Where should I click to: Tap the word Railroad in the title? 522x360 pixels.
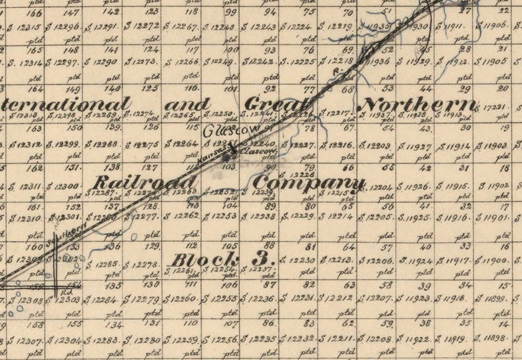pos(145,183)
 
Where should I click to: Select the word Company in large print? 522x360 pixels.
pos(308,183)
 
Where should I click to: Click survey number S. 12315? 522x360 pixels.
pos(24,27)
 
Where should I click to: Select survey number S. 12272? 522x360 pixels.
pos(142,26)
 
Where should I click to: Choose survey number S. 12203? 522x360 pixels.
pos(381,145)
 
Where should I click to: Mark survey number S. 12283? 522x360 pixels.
pos(104,340)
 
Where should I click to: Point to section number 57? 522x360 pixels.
pos(387,247)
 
